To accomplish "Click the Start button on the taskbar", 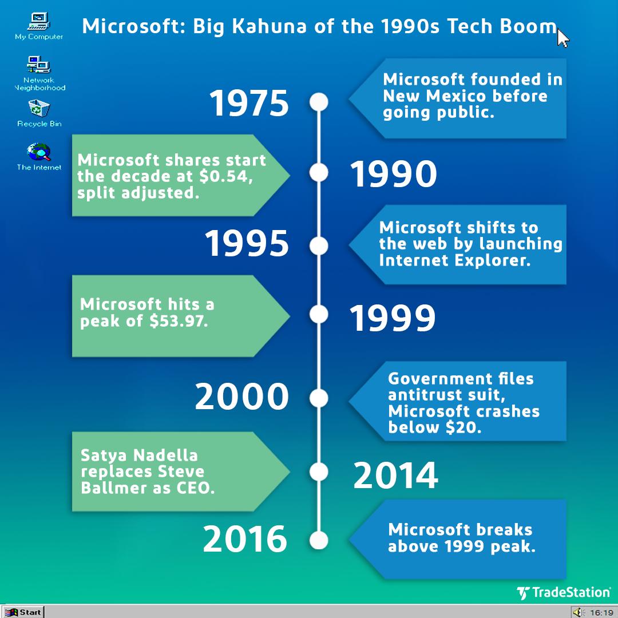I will click(x=23, y=612).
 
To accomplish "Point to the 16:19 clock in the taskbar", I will click(x=601, y=612).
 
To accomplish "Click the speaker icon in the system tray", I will click(x=578, y=612).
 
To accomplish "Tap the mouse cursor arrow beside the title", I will click(x=563, y=38).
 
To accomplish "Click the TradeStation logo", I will click(x=563, y=593).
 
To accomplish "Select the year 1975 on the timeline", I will click(x=249, y=103).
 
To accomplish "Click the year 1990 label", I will click(x=393, y=175).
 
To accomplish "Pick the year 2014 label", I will click(x=395, y=476).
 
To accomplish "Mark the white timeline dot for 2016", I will click(x=319, y=540).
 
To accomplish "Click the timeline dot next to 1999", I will click(x=319, y=314).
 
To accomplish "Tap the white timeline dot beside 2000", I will click(x=319, y=397).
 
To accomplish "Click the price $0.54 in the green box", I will click(x=225, y=176).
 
